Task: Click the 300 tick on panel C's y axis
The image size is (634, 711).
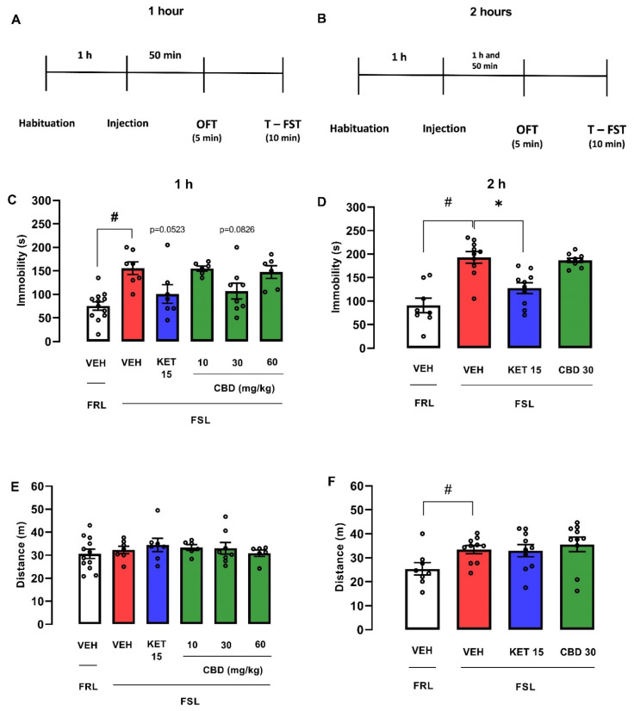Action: [x=39, y=201]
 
